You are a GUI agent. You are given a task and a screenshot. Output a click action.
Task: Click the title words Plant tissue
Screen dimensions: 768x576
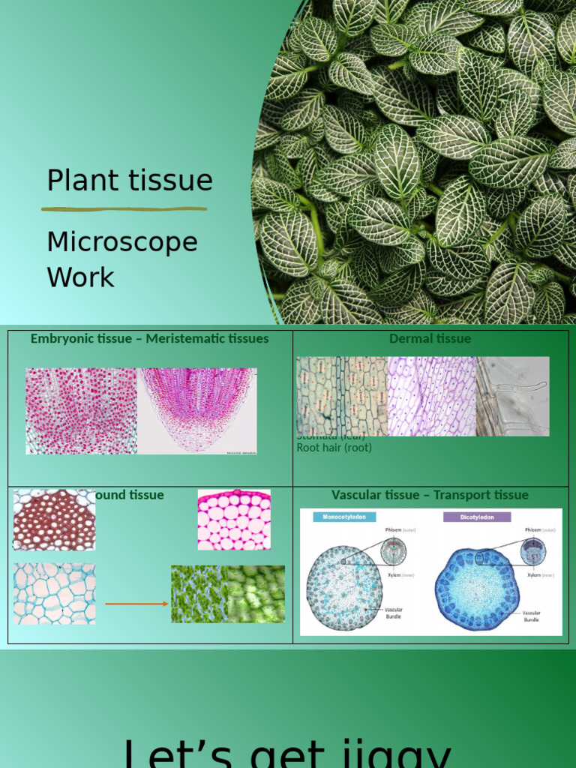[x=129, y=181]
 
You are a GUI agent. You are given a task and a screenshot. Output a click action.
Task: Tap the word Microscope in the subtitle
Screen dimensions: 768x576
[x=122, y=242]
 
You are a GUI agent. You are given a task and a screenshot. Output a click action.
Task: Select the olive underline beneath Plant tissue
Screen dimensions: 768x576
[x=124, y=208]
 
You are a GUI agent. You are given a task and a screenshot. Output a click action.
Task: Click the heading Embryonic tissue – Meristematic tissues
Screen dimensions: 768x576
[x=149, y=338]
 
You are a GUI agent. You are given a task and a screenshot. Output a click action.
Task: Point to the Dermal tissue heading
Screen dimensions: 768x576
[x=430, y=338]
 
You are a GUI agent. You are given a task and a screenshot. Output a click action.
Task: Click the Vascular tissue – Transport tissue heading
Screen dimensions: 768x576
[x=430, y=494]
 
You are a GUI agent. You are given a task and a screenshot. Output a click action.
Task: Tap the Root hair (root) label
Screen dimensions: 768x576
[x=334, y=448]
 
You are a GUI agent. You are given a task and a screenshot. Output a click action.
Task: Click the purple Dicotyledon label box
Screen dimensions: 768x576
[x=476, y=517]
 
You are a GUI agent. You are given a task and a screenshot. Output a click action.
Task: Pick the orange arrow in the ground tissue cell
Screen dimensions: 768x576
[x=136, y=603]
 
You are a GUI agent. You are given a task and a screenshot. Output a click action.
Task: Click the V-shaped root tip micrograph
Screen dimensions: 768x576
[x=198, y=411]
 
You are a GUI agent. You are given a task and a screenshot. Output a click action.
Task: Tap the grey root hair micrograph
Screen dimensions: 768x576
[x=513, y=396]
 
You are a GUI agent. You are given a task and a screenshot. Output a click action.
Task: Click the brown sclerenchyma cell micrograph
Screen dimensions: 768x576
[x=54, y=520]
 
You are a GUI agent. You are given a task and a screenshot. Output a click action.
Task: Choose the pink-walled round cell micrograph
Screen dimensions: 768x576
[x=234, y=520]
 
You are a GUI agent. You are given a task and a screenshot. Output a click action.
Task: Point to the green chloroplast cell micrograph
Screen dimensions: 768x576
[x=228, y=594]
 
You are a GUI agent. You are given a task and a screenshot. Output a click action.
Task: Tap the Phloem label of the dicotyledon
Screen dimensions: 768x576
[x=533, y=529]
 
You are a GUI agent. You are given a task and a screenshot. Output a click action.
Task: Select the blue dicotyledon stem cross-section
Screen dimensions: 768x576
[x=477, y=589]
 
